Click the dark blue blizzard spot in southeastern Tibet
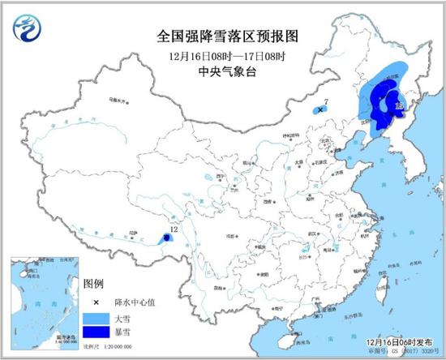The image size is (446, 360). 166,238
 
